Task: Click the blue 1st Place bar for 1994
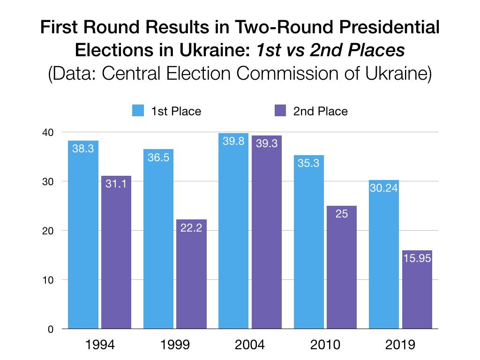(83, 234)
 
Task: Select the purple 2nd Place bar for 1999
(191, 274)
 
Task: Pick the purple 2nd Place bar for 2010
(342, 267)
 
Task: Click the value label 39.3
(266, 144)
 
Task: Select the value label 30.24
(384, 188)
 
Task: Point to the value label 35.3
(309, 164)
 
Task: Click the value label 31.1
(116, 184)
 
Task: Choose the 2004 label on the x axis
(250, 345)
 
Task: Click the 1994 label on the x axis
(99, 345)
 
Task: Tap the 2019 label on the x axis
(400, 345)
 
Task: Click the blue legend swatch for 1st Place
(138, 112)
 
